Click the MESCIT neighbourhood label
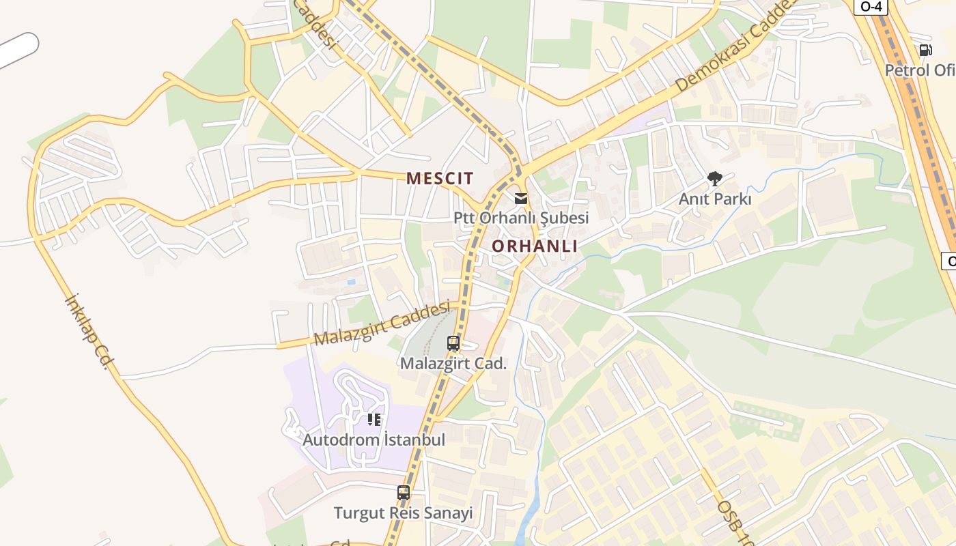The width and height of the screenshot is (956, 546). (440, 179)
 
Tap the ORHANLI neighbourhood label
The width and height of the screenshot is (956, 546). (535, 246)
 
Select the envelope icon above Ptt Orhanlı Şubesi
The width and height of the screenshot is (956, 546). (521, 199)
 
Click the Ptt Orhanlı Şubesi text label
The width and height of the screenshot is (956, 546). (521, 218)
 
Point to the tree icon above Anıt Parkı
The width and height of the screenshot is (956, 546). (715, 179)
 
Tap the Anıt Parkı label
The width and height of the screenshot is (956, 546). (715, 199)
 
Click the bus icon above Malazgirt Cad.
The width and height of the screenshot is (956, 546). (453, 343)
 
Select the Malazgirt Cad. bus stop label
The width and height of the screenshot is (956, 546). (453, 363)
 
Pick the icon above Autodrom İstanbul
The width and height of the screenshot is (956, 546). (374, 420)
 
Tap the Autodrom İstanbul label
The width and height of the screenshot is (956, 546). (374, 440)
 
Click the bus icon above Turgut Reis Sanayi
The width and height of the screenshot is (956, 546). (404, 492)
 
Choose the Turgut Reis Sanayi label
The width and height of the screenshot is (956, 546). (403, 513)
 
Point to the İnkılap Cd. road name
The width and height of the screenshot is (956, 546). (87, 332)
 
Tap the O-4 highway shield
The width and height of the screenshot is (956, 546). (871, 6)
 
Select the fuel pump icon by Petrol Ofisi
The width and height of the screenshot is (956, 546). (926, 50)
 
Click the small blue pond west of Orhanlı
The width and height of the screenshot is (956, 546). (351, 281)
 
